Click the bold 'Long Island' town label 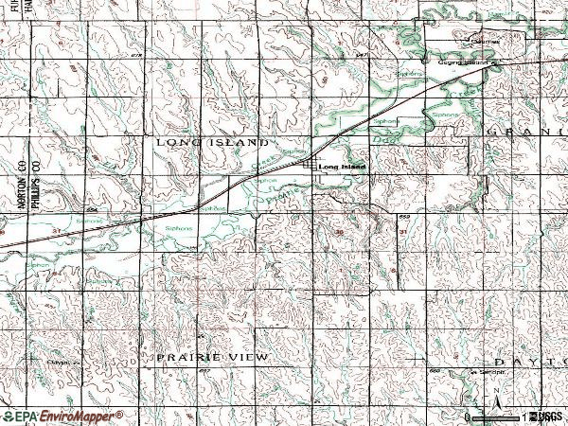tap(342, 168)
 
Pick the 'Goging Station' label tap(467, 63)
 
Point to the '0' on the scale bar tap(468, 417)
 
